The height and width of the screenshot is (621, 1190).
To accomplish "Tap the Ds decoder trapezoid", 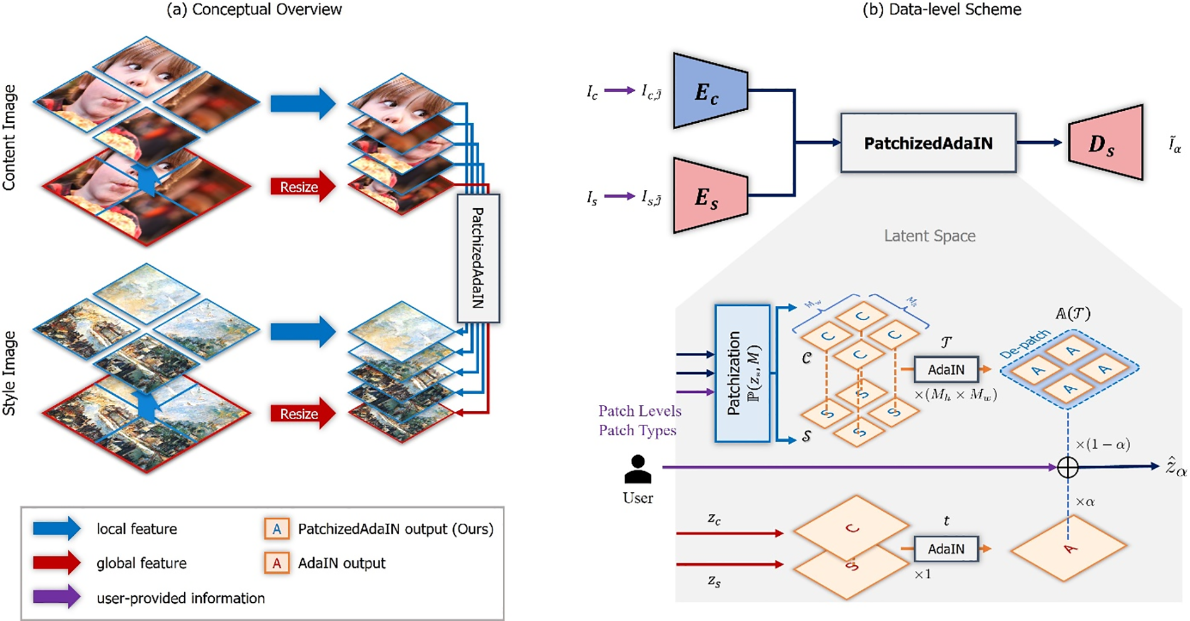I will click(x=1105, y=143).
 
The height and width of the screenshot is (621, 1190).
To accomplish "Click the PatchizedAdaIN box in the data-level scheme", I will click(x=928, y=144).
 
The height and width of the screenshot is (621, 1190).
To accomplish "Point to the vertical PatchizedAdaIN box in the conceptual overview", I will click(x=478, y=258).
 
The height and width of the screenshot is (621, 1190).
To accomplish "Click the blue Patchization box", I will click(x=742, y=373).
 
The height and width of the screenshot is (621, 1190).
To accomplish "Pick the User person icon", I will click(x=638, y=469).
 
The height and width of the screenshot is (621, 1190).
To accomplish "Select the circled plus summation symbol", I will click(x=1067, y=467).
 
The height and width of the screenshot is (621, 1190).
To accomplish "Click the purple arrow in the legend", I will click(x=57, y=597).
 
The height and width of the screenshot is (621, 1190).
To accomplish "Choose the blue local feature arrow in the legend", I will click(x=57, y=528).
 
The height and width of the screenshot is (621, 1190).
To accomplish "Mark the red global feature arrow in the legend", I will click(x=57, y=563).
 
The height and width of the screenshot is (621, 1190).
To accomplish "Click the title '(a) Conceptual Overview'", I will click(x=254, y=9).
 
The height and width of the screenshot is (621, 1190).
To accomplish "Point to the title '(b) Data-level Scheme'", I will click(x=941, y=9).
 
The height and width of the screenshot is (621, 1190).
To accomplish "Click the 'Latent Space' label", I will click(x=929, y=236).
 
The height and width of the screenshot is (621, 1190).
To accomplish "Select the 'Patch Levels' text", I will click(x=639, y=411).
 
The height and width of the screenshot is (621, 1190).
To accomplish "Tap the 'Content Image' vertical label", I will click(x=9, y=137).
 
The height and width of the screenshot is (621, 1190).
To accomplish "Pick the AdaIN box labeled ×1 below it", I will click(x=946, y=549).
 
